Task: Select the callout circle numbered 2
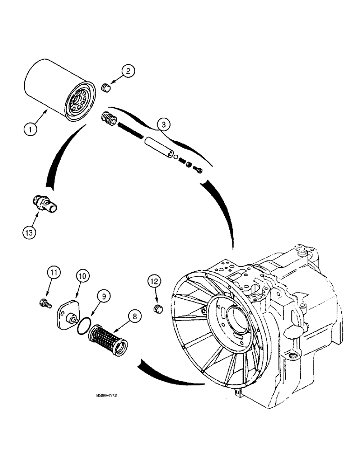pyautogui.click(x=128, y=71)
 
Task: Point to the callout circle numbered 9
pyautogui.click(x=103, y=295)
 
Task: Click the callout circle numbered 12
pyautogui.click(x=155, y=281)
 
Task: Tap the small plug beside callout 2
pyautogui.click(x=105, y=87)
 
